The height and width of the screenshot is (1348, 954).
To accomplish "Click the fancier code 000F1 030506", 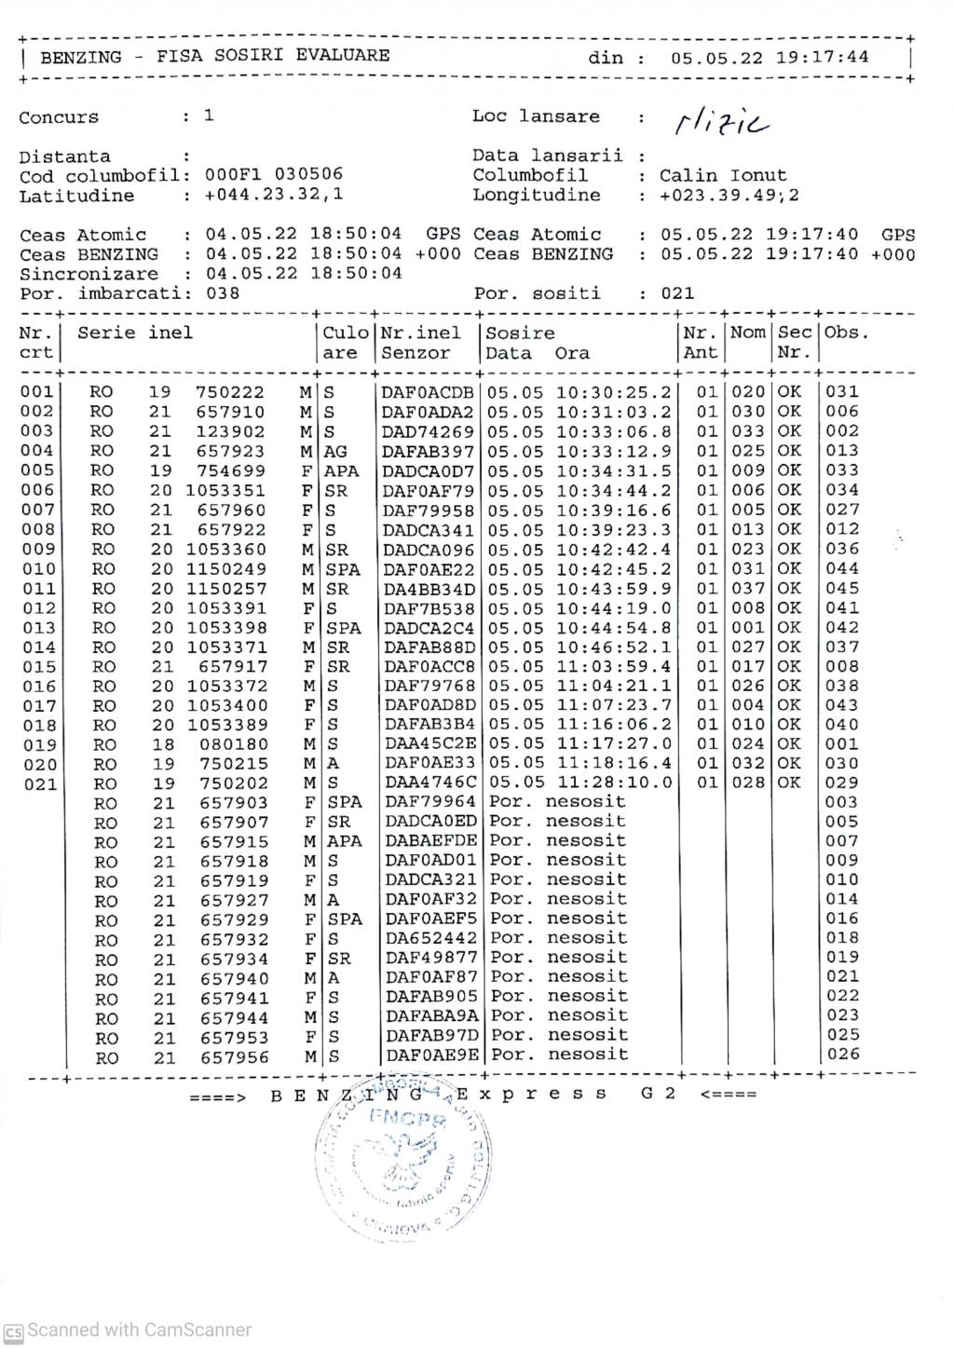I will [x=274, y=174].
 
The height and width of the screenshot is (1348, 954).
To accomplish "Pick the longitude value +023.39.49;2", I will [x=729, y=196].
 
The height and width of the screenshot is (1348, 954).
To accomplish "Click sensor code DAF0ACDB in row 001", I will [x=428, y=392].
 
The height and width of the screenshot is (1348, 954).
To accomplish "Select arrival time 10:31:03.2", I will [x=614, y=412].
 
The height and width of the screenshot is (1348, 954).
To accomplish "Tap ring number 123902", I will [x=230, y=431].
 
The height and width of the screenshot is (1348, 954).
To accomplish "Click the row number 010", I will [x=38, y=568].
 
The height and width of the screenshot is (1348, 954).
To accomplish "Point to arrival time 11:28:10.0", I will [x=614, y=783].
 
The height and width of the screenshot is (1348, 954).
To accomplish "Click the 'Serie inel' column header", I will [x=135, y=333].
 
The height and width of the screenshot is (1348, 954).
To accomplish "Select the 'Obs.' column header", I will [x=846, y=333].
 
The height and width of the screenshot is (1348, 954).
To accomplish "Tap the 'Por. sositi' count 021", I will [x=677, y=293].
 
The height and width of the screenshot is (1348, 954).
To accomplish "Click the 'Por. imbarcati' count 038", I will [x=223, y=293].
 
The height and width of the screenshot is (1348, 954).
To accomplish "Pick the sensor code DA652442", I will [x=431, y=938].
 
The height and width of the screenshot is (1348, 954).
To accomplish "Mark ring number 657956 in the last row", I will [x=234, y=1057].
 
